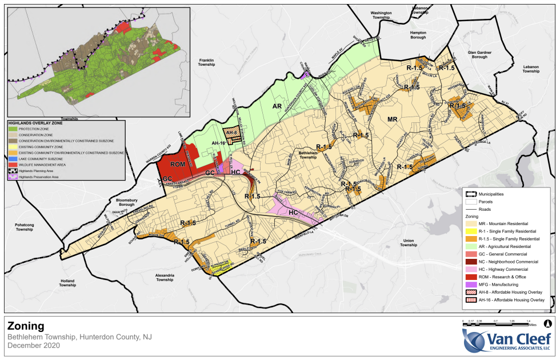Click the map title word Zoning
[x=26, y=326]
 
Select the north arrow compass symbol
[x=547, y=323]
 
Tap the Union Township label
[x=409, y=242]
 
